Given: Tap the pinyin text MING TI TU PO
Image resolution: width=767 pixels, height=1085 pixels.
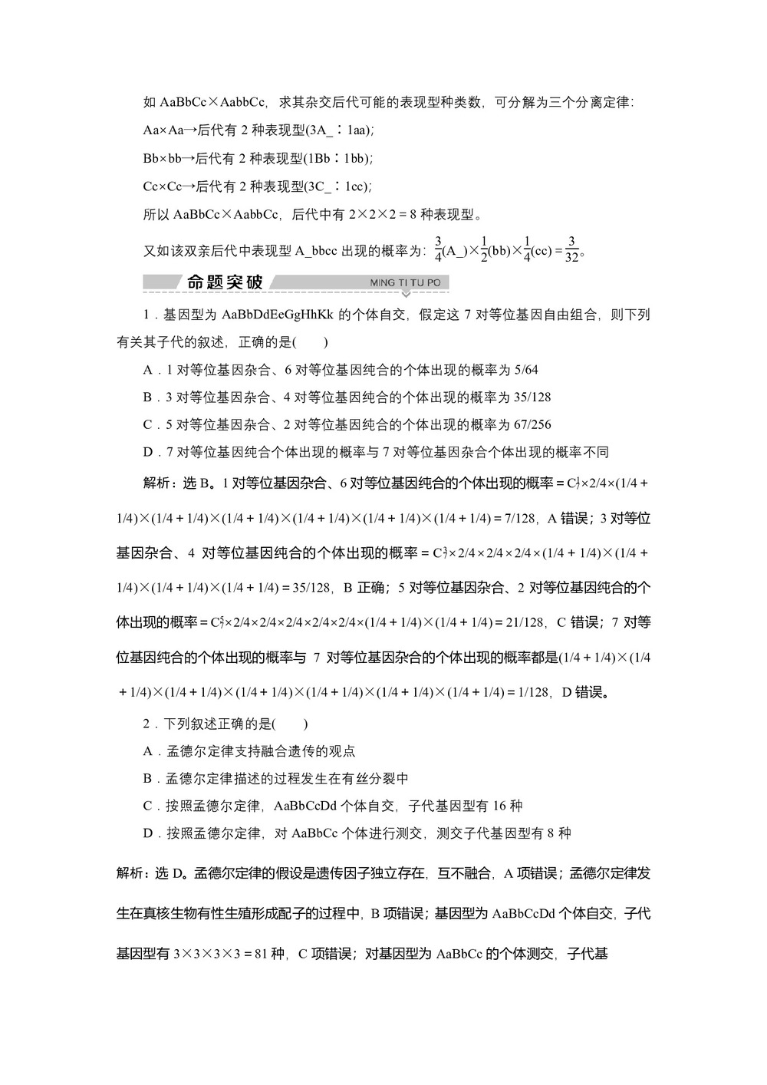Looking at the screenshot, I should click(x=405, y=283).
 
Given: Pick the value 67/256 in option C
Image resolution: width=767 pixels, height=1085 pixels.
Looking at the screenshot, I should click(x=531, y=425).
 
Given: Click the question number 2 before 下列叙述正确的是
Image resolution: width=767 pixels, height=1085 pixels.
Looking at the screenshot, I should click(x=147, y=724).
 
